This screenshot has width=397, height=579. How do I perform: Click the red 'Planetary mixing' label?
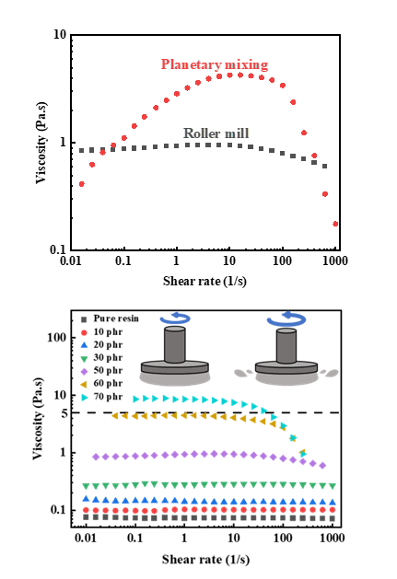pos(215,64)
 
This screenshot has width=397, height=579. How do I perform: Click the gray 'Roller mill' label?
pos(216,133)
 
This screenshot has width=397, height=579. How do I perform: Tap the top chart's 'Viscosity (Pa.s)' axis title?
pos(41,142)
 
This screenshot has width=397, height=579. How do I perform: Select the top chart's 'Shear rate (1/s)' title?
pos(204,281)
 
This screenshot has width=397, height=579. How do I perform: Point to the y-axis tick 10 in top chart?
pos(60,34)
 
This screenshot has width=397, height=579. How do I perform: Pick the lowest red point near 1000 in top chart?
pos(335,224)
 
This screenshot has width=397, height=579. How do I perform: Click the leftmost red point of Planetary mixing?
pos(82,184)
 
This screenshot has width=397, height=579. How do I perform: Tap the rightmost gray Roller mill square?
pos(324,167)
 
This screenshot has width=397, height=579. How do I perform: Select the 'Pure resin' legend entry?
pos(110,318)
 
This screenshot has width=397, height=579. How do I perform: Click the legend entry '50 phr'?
pos(101,371)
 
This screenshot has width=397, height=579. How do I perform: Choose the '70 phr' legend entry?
pos(101,397)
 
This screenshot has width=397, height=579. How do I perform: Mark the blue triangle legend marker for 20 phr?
pos(84,345)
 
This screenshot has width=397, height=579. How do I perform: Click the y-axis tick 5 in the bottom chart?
pos(64,412)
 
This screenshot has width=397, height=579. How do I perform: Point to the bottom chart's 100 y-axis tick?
pos(56,337)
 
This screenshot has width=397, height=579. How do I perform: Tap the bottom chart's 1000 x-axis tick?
pos(332,538)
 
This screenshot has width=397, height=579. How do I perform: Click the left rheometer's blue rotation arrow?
pos(175,318)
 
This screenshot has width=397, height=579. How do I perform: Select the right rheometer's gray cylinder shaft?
pos(286,345)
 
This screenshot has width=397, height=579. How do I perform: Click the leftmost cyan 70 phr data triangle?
pos(136,399)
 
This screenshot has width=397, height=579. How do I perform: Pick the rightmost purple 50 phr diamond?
pos(322,466)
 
